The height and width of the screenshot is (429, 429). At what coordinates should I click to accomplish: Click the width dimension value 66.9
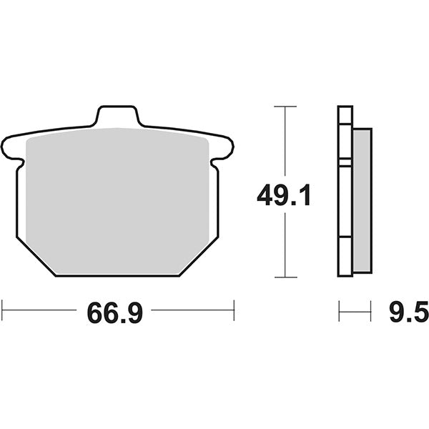click(x=115, y=312)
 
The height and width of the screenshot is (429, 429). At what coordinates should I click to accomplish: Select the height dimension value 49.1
click(x=285, y=194)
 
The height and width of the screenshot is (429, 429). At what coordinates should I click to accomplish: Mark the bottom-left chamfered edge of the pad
click(x=34, y=257)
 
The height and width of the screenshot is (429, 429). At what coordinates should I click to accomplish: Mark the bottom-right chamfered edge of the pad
click(x=197, y=257)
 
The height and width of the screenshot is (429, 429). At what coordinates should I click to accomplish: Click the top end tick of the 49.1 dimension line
click(x=285, y=107)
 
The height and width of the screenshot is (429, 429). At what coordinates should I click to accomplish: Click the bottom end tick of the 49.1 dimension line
click(x=285, y=277)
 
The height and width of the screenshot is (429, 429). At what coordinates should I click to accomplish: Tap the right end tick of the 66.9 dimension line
click(x=234, y=310)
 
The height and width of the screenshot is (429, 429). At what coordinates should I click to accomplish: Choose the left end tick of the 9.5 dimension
click(x=339, y=310)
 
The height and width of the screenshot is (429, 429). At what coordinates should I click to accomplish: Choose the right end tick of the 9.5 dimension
click(x=371, y=310)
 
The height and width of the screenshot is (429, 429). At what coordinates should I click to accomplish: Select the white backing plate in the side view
click(x=345, y=193)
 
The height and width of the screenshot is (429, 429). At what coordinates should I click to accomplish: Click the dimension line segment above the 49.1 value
click(x=285, y=143)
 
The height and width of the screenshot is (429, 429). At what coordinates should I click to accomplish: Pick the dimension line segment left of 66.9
click(x=39, y=310)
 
